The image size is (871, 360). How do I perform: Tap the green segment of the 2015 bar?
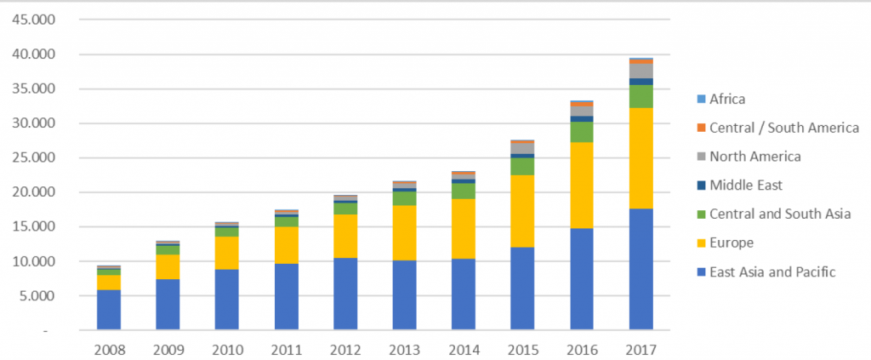(x=522, y=166)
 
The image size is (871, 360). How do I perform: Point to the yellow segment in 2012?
(x=345, y=236)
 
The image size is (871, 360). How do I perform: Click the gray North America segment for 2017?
(x=640, y=71)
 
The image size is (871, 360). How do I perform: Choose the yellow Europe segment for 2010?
(x=227, y=253)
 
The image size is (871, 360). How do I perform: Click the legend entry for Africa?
(x=726, y=99)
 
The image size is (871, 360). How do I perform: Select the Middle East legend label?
(x=745, y=185)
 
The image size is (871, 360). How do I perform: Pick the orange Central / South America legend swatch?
(x=700, y=128)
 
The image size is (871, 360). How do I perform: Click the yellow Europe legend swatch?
(x=700, y=243)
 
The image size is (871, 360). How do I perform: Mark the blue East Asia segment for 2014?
(x=464, y=294)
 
